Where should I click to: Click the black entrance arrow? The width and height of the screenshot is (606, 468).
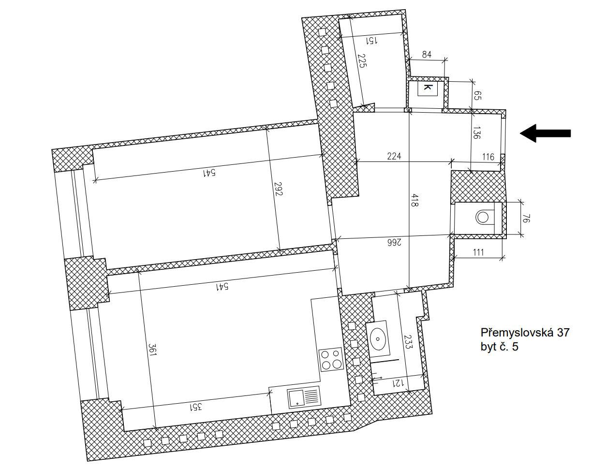(545, 133)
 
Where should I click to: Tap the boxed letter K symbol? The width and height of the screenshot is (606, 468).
(427, 88)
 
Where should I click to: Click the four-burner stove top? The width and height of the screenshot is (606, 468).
(331, 359)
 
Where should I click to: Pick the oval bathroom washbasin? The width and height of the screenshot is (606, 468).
(378, 339)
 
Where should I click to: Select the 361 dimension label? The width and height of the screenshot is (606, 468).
(153, 349)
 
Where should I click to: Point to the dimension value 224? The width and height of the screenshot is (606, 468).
(394, 156)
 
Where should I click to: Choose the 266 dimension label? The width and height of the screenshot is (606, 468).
(394, 243)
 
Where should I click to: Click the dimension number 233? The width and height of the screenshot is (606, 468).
(408, 342)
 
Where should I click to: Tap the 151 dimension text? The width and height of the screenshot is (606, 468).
(372, 41)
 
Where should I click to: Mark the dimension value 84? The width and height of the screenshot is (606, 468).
(427, 55)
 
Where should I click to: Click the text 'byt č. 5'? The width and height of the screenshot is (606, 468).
(499, 347)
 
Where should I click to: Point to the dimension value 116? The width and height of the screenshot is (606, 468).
(488, 157)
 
